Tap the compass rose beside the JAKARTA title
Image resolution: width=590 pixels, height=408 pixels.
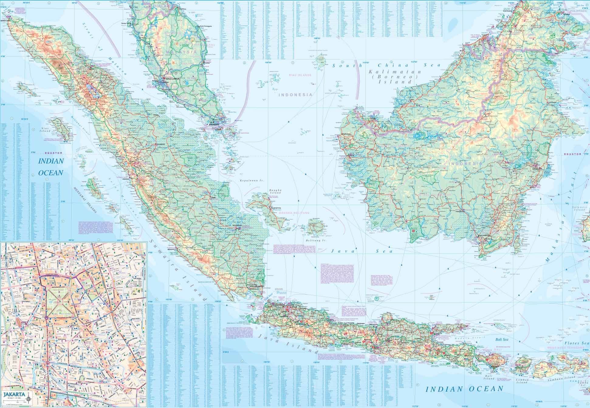pyautogui.click(x=29, y=398)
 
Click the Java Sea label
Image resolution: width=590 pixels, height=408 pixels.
pyautogui.click(x=362, y=251)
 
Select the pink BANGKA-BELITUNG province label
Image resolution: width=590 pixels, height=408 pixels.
pyautogui.click(x=293, y=213)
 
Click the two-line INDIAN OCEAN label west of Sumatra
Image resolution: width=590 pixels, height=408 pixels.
pyautogui.click(x=51, y=167)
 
